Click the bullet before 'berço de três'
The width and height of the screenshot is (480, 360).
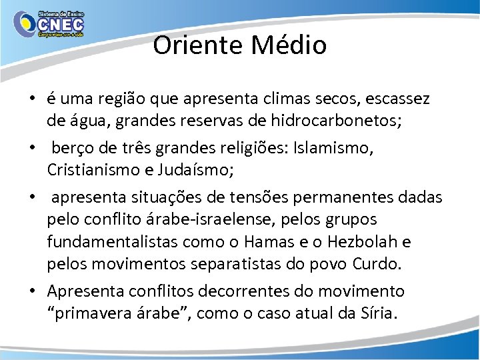pos(31,148)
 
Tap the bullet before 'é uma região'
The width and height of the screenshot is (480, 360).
pos(31,100)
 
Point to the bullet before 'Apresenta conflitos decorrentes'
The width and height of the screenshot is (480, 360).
pos(31,291)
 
